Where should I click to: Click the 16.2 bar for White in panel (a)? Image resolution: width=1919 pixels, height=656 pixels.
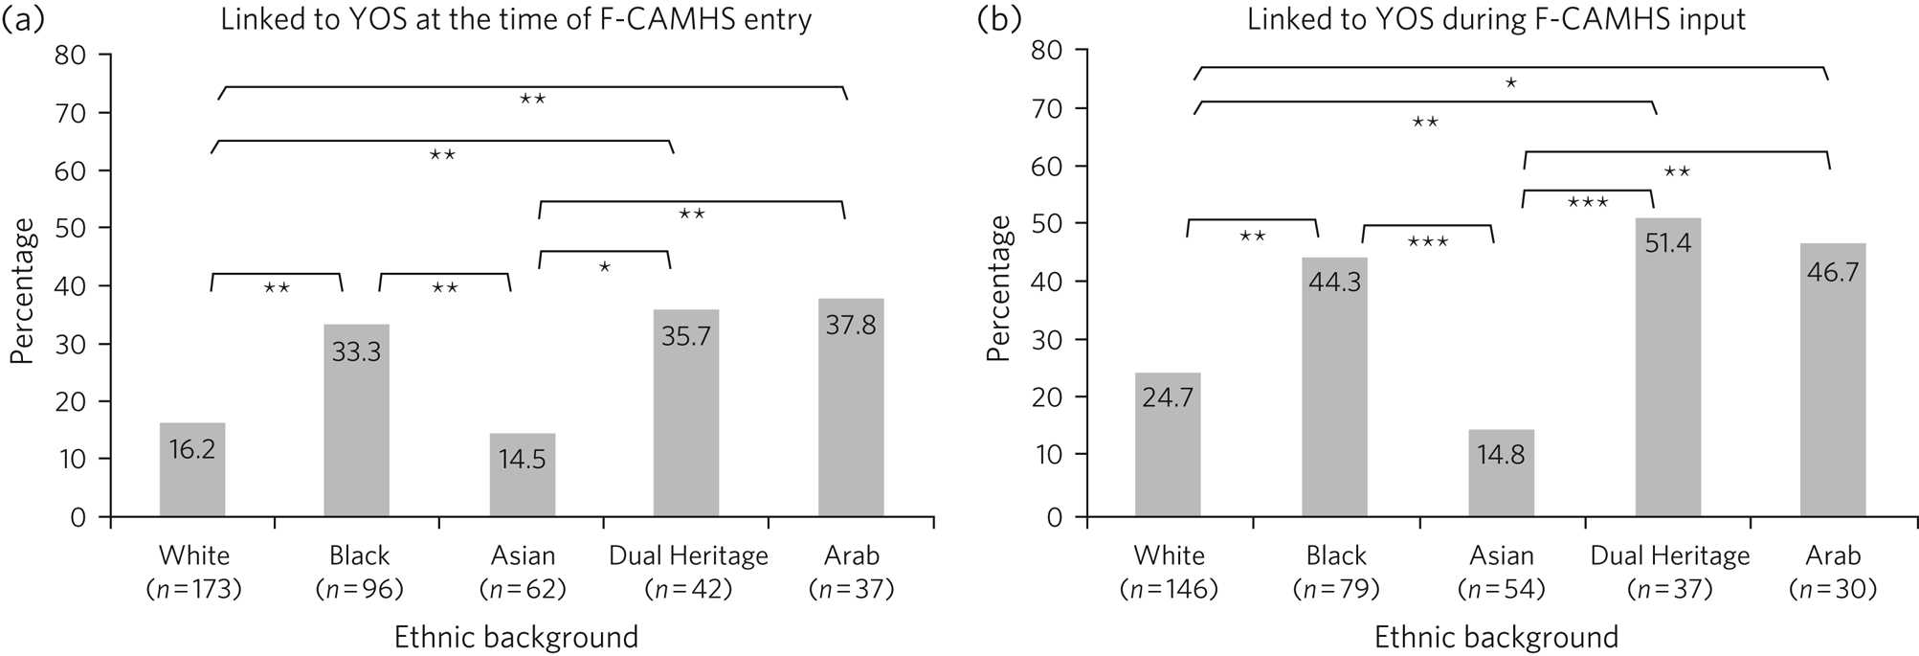coord(192,470)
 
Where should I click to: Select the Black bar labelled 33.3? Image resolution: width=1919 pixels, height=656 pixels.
coord(356,421)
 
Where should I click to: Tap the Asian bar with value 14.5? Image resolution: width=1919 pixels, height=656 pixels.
coord(522,475)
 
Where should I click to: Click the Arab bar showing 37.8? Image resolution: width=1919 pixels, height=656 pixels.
coord(851,408)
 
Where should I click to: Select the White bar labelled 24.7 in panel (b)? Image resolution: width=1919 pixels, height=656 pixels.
coord(1168,445)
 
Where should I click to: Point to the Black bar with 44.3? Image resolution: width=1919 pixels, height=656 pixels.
coord(1334,388)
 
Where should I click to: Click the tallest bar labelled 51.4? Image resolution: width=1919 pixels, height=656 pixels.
coord(1667,368)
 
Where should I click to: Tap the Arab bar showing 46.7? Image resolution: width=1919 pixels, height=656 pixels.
coord(1833,380)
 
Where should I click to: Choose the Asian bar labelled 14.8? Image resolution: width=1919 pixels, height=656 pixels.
coord(1501,473)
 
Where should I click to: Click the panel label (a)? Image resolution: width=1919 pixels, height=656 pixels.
coord(23,21)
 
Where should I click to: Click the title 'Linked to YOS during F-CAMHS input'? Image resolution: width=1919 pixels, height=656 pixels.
coord(1496,20)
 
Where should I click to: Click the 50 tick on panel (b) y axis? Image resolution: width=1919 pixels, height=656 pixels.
coord(1049,223)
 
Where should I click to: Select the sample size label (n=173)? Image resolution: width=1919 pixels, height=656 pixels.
coord(193,589)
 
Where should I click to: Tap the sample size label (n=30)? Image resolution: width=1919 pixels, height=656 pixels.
coord(1833,589)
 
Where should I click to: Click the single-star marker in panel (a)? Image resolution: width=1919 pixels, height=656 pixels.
coord(604,267)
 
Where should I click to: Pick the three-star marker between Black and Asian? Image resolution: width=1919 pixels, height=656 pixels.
coord(1427,242)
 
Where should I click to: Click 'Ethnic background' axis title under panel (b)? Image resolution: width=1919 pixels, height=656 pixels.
coord(1496,638)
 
